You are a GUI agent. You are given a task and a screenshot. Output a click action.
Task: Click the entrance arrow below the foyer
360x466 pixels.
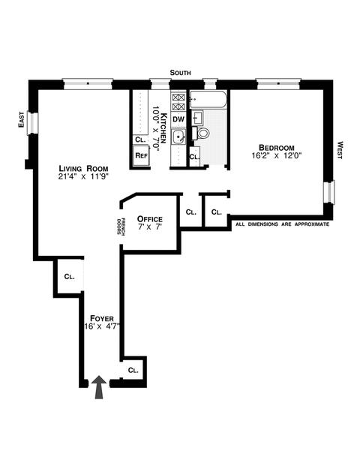click(98, 387)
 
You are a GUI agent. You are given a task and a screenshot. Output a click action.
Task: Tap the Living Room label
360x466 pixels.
click(83, 168)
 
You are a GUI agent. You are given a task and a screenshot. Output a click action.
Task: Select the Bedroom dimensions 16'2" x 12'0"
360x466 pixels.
click(277, 155)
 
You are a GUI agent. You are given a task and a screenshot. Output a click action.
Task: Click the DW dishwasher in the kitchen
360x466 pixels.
click(178, 119)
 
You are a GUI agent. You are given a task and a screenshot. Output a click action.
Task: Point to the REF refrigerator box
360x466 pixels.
click(142, 155)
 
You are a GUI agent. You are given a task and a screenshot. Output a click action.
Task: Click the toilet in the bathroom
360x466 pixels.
click(201, 133)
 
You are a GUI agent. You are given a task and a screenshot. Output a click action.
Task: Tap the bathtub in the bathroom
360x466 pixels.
click(208, 99)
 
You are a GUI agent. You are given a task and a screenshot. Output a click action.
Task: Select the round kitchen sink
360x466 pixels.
click(178, 137)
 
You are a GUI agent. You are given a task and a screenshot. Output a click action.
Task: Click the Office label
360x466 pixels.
click(150, 219)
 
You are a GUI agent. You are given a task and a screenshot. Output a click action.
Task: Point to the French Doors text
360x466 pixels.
click(121, 227)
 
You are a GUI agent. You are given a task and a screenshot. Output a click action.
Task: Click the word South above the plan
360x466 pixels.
click(180, 73)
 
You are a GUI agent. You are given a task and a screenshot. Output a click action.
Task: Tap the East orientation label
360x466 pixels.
click(22, 119)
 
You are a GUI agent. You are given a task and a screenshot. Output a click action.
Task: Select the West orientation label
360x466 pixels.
click(340, 150)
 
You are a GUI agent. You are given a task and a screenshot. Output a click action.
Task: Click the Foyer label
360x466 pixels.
click(102, 318)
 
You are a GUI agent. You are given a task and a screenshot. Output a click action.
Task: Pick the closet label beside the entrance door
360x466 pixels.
click(133, 370)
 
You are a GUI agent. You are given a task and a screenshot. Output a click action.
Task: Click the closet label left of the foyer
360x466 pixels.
click(69, 276)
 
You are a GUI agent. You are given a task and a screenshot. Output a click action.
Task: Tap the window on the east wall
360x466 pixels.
click(33, 123)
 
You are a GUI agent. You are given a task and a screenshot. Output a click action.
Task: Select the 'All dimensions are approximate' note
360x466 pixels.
click(283, 224)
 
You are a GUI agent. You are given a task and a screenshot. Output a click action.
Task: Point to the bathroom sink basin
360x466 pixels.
click(197, 118)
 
